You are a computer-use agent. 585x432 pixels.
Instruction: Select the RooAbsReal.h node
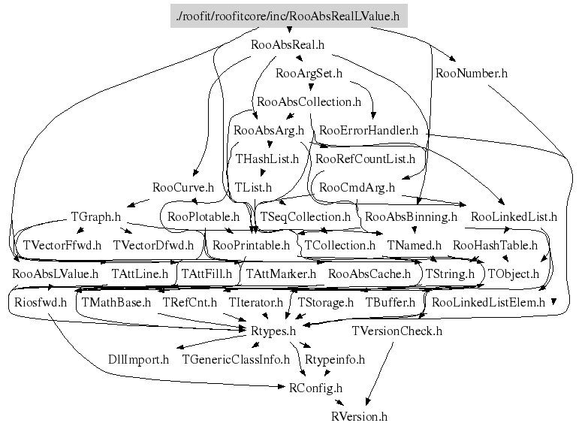click(x=288, y=44)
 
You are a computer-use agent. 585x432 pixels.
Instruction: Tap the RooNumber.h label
click(x=471, y=74)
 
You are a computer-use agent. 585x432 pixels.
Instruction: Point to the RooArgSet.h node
click(x=309, y=74)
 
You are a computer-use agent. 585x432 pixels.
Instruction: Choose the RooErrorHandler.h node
click(x=368, y=131)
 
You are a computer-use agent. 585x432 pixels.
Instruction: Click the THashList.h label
click(x=267, y=159)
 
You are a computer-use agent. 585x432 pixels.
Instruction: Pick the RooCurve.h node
click(x=183, y=188)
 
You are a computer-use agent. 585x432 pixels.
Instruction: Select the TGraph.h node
click(x=96, y=216)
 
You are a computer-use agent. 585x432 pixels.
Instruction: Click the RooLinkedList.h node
click(x=517, y=216)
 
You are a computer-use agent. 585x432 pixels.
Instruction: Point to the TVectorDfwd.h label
click(x=153, y=245)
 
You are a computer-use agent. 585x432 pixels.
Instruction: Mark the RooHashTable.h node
click(x=495, y=245)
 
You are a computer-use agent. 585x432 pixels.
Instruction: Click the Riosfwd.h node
click(x=41, y=303)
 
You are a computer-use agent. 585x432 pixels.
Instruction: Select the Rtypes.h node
click(x=273, y=331)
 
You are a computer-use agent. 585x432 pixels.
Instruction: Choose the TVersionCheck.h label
click(x=397, y=331)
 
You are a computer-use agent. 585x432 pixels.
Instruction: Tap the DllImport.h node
click(x=139, y=359)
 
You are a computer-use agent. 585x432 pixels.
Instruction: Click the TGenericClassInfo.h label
click(x=236, y=359)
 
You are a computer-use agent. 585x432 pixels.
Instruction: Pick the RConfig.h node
click(x=315, y=388)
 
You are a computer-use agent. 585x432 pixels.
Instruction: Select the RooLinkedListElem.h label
click(x=489, y=303)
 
